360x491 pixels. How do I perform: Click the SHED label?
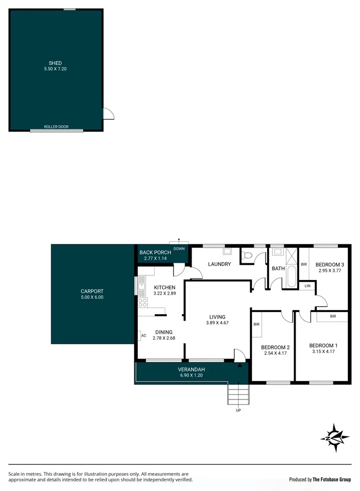point(55,63)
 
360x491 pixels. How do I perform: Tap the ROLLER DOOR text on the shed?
point(56,127)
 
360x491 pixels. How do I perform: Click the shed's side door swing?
point(109,114)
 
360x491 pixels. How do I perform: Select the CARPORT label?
point(92,291)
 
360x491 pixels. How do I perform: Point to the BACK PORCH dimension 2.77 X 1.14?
point(155,258)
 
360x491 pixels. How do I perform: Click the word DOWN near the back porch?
point(179,249)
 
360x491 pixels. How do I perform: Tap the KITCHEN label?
point(164,287)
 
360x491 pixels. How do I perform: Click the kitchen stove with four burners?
point(143,303)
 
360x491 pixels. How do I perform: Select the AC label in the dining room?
point(143,335)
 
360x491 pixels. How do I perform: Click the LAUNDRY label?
point(219,264)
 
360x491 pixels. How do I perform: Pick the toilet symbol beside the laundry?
point(246,256)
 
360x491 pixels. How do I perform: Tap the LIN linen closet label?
point(307,285)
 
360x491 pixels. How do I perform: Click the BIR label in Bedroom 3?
point(304,264)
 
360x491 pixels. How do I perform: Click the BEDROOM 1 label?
point(323,345)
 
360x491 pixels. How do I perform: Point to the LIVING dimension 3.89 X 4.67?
point(217,323)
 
